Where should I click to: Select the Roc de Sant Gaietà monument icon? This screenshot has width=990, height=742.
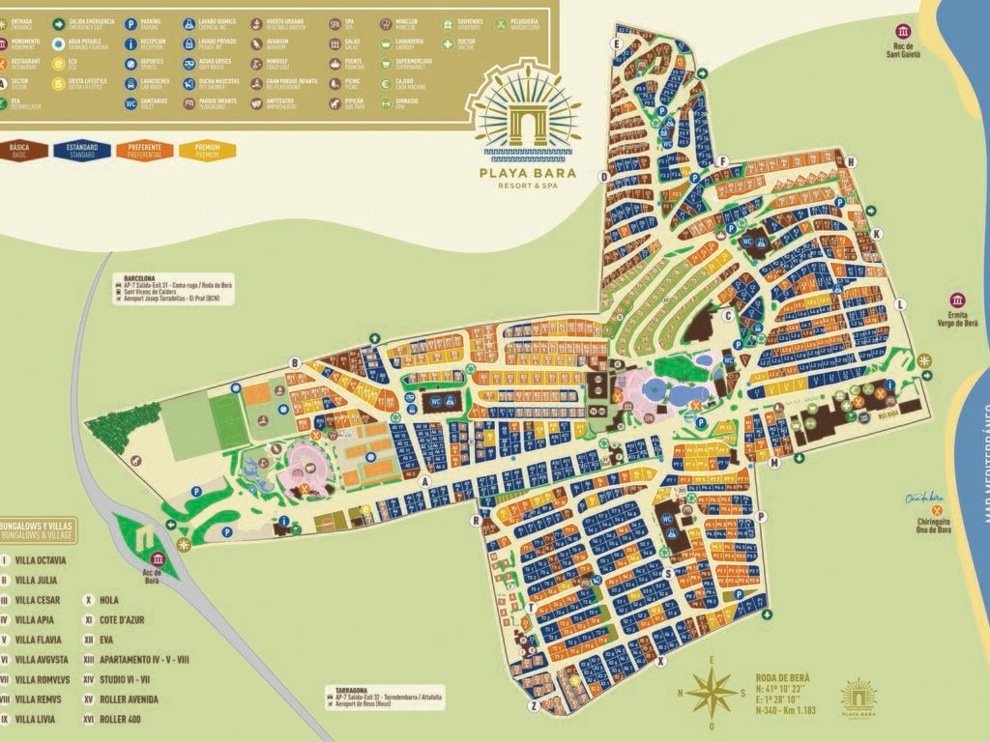[x=904, y=32]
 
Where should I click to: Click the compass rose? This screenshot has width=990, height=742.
[x=713, y=692]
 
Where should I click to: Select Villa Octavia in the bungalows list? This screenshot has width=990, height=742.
[x=41, y=559]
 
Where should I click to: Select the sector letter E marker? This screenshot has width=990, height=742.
[x=615, y=43]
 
